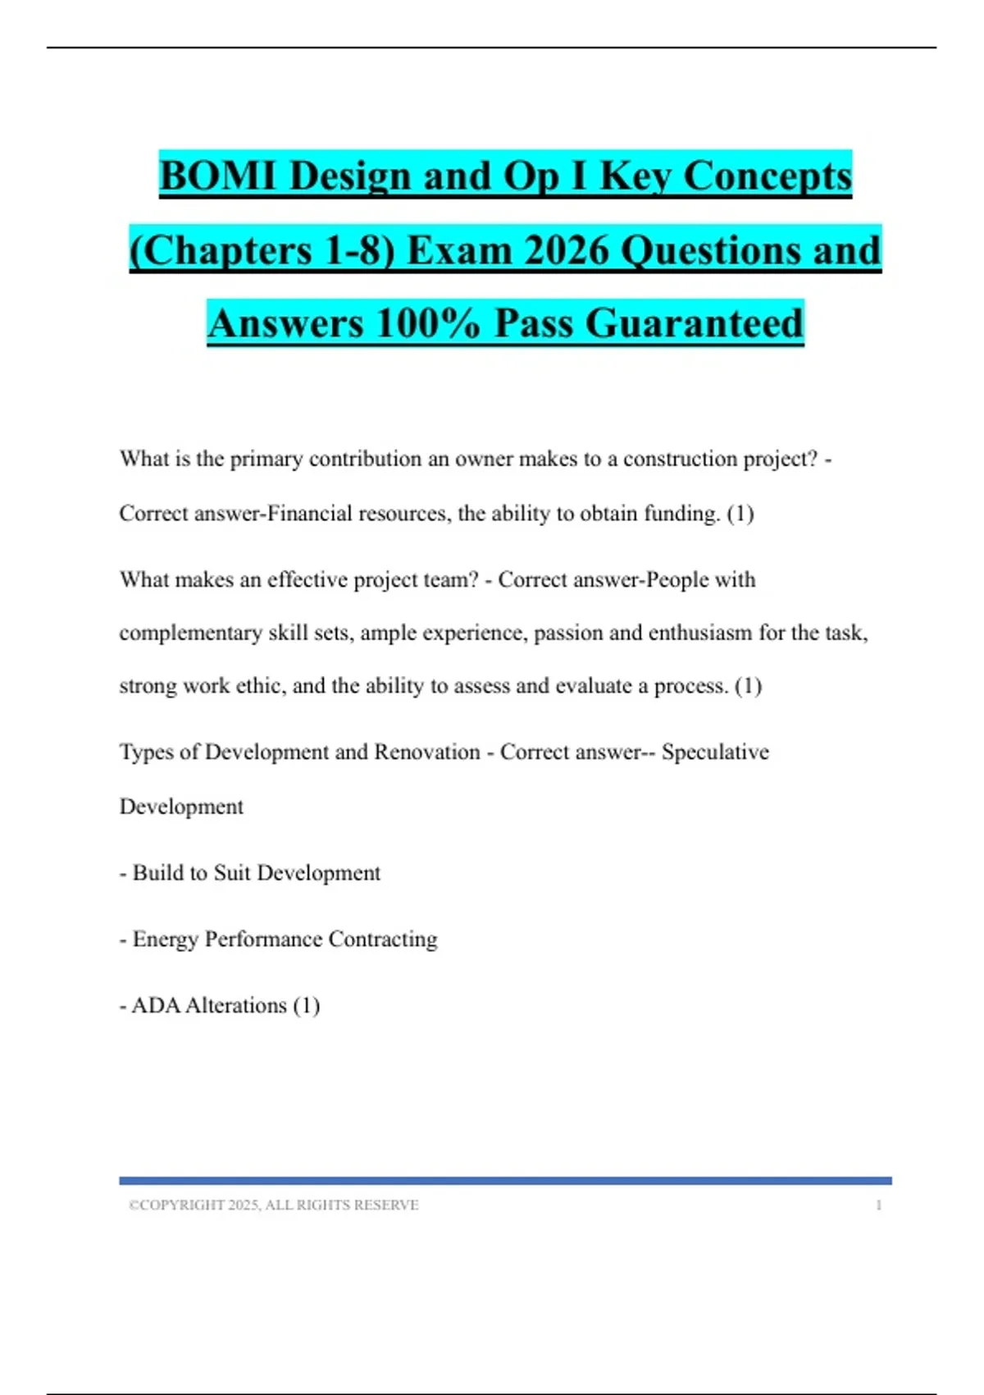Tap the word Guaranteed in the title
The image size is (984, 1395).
(x=694, y=322)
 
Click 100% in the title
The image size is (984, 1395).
(x=428, y=322)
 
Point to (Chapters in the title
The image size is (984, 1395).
(x=221, y=249)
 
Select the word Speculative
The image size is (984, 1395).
(x=715, y=752)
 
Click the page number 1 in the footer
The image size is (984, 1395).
(x=878, y=1205)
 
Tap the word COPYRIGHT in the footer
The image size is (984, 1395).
(x=182, y=1205)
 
